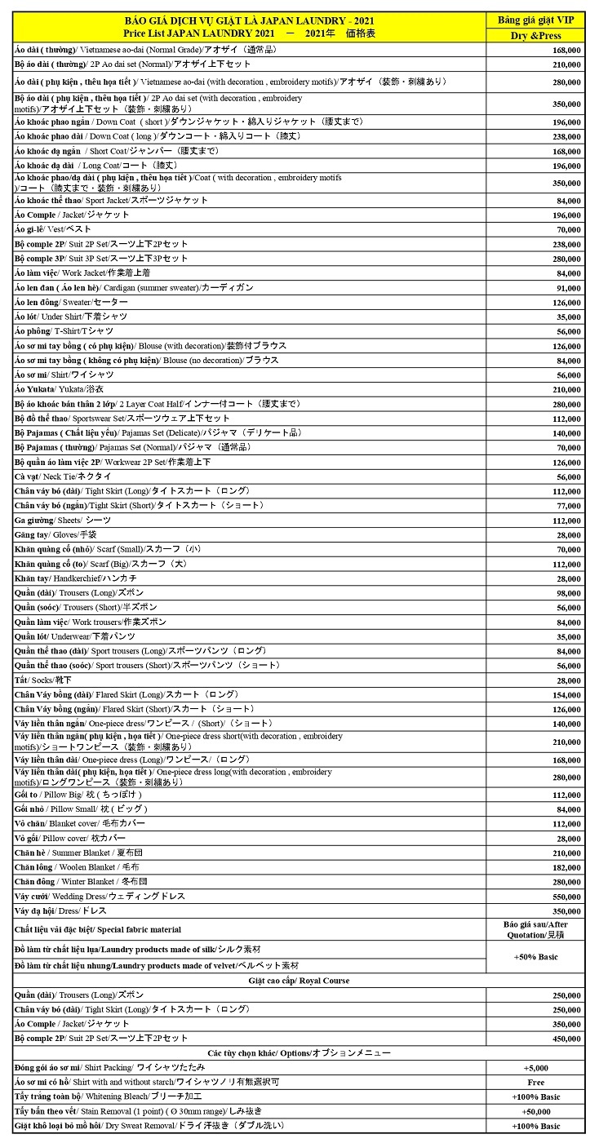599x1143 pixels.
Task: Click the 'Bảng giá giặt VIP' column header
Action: [535, 20]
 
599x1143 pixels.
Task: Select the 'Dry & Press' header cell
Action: [535, 36]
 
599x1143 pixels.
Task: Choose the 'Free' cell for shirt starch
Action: [535, 1082]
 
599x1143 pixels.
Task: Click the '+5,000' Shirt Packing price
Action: [535, 1067]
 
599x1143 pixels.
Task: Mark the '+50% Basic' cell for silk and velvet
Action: [535, 956]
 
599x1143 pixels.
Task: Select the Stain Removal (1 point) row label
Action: [131, 1111]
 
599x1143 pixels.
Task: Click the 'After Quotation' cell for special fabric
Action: [535, 929]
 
